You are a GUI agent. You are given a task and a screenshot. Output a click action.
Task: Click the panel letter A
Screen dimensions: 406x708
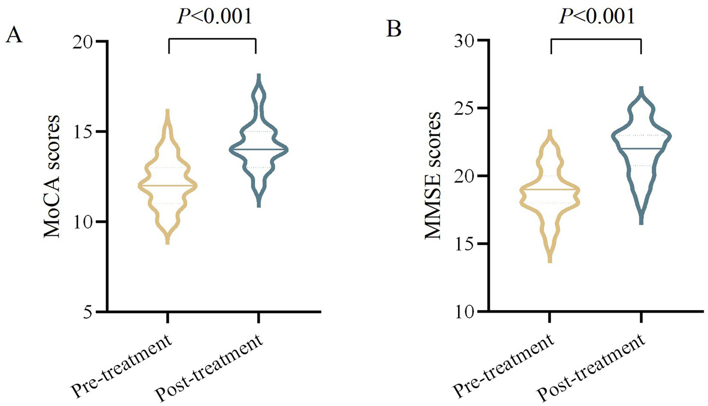click(x=14, y=35)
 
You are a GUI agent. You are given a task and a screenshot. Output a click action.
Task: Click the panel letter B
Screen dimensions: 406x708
click(x=394, y=30)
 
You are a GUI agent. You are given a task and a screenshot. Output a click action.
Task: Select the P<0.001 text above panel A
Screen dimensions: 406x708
click(x=215, y=17)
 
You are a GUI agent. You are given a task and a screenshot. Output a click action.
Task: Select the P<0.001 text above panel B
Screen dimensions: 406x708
click(x=597, y=17)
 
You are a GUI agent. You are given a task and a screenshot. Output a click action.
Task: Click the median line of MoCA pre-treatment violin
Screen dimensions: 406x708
click(x=168, y=185)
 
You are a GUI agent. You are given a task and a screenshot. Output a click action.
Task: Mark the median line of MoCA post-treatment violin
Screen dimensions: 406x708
click(x=258, y=149)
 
